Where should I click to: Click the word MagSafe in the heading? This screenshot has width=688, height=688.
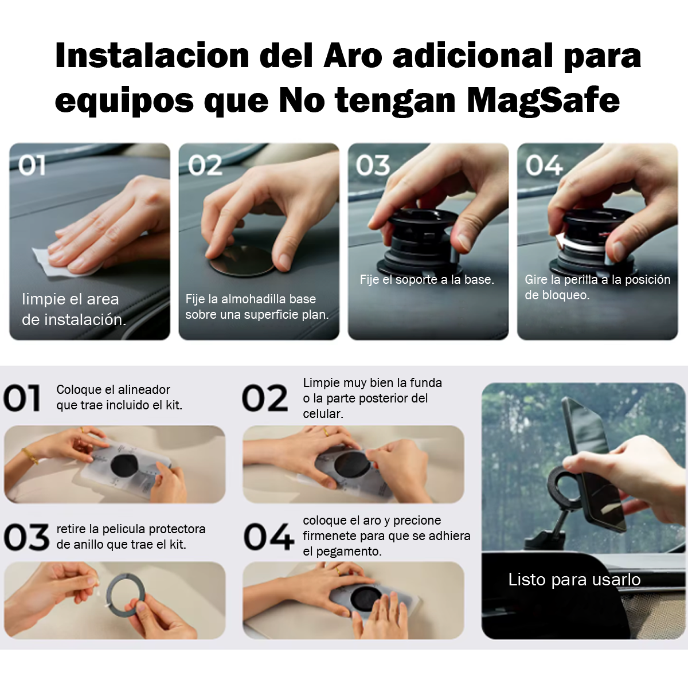click(x=543, y=101)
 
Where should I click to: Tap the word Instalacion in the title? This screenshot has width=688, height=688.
click(x=152, y=56)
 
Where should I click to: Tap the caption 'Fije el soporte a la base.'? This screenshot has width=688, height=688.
click(x=427, y=280)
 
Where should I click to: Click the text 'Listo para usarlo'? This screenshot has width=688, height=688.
click(x=574, y=580)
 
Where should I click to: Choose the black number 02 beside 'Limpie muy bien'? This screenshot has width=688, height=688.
click(x=265, y=398)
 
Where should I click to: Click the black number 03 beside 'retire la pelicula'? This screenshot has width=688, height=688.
click(x=26, y=537)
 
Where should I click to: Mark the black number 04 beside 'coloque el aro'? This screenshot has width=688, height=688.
click(x=269, y=537)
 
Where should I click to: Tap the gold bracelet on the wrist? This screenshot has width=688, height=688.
click(x=30, y=456)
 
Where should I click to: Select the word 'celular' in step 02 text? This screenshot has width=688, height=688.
click(x=323, y=413)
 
